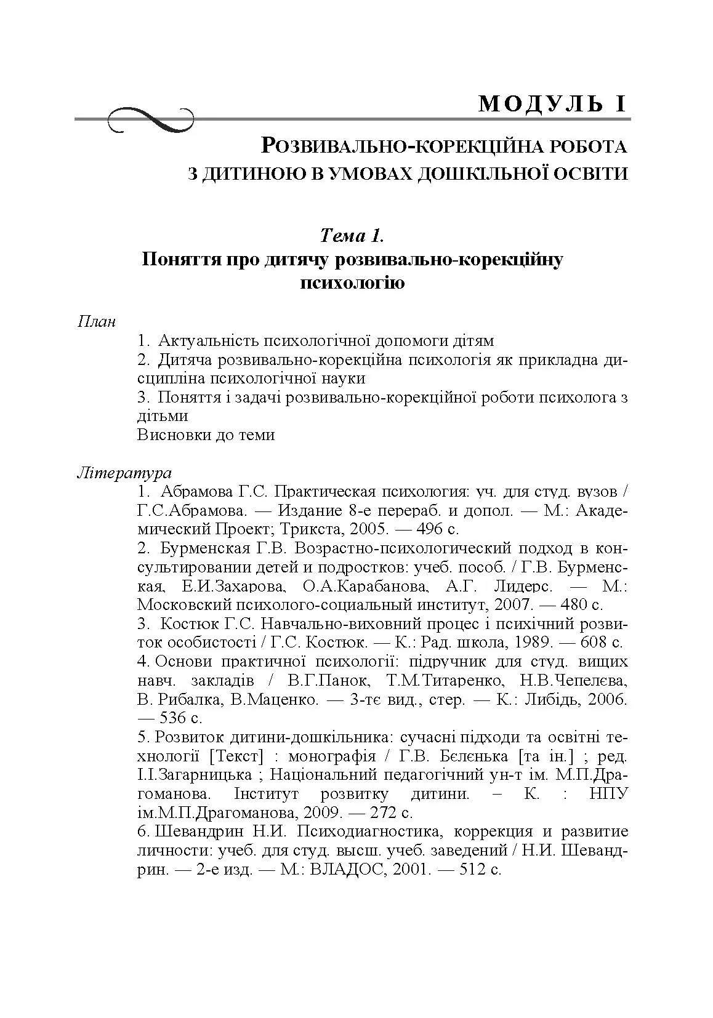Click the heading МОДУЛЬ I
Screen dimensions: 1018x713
pyautogui.click(x=552, y=104)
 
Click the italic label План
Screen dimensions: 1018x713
pyautogui.click(x=97, y=322)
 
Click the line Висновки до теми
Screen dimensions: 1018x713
pyautogui.click(x=206, y=435)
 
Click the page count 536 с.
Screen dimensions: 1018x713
pyautogui.click(x=180, y=718)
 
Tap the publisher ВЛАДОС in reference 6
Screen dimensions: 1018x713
pyautogui.click(x=345, y=869)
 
